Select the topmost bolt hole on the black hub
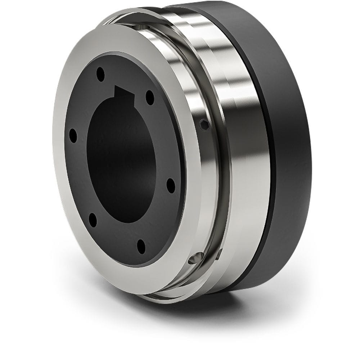(x=100, y=75)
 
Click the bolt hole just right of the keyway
(x=150, y=98)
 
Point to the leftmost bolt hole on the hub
(x=73, y=136)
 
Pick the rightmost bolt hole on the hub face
(x=171, y=186)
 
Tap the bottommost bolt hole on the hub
(x=141, y=246)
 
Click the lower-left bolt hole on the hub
(x=93, y=220)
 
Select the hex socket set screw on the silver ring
(x=204, y=125)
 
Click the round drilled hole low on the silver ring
(x=196, y=258)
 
